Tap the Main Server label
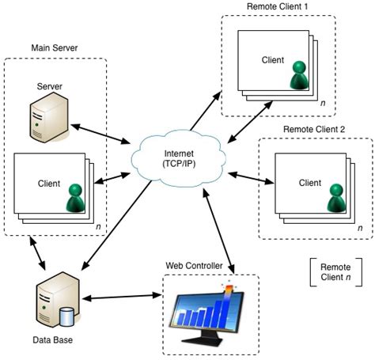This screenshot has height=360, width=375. [55, 49]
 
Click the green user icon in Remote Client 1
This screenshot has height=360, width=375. [299, 74]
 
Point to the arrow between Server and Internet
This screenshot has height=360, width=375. [102, 132]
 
